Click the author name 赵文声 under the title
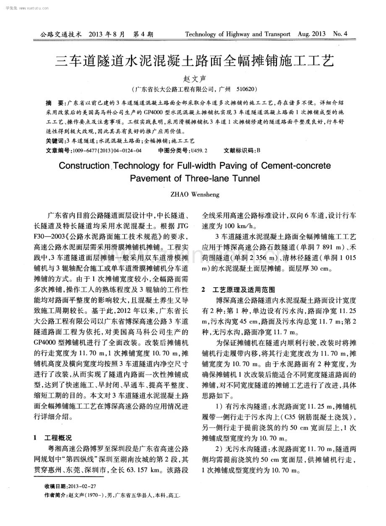[193, 78]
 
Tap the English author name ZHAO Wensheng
[195, 195]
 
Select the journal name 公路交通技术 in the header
[60, 34]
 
